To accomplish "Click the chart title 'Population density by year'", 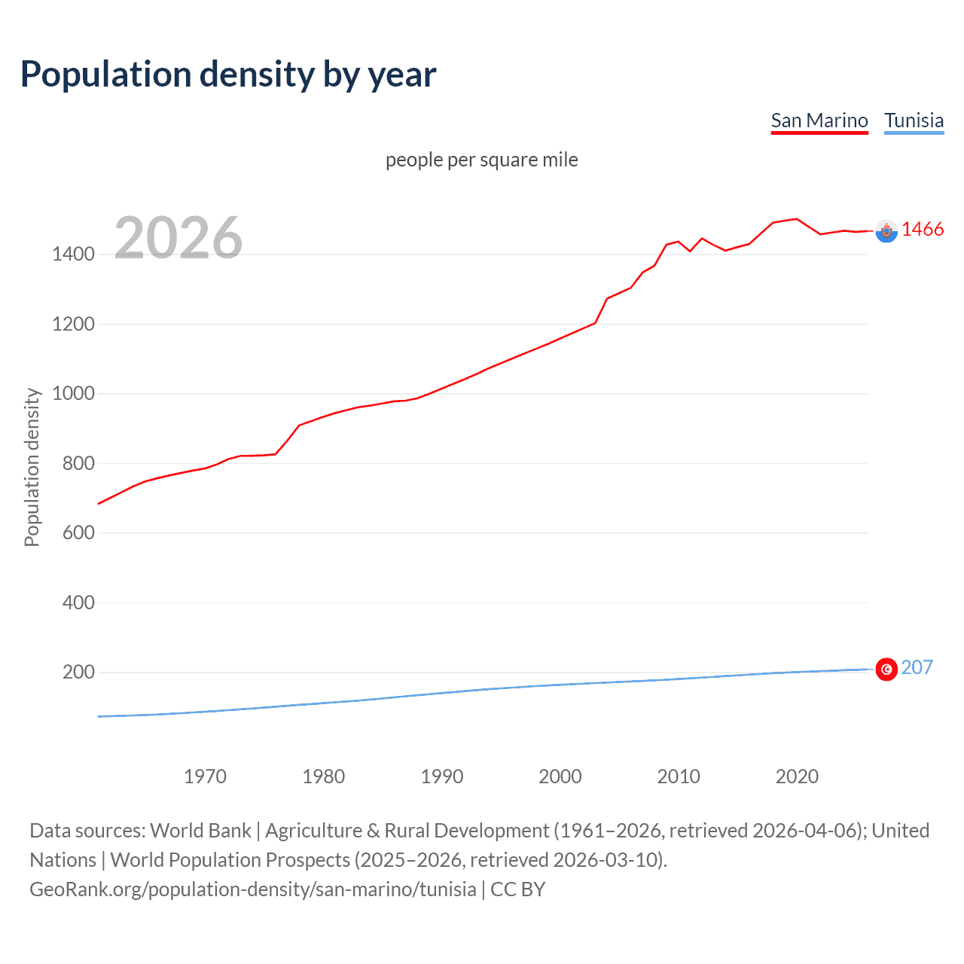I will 228,74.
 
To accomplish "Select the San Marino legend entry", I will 819,120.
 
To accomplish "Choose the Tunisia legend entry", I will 914,120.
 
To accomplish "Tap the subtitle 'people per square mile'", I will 481,160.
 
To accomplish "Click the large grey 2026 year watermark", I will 178,238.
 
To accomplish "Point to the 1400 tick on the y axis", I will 73,254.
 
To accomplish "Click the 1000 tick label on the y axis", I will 73,393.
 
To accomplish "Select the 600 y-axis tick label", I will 78,532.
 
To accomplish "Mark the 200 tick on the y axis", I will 78,672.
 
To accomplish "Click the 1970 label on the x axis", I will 205,776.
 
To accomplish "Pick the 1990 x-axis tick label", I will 442,776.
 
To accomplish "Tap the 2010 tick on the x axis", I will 679,776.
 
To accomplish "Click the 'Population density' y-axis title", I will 32,467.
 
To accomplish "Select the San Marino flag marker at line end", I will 886,231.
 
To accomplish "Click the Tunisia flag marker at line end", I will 886,669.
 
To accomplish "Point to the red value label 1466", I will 923,230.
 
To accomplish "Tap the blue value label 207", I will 917,667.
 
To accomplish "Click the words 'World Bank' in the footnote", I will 200,830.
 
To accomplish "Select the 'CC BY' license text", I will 517,889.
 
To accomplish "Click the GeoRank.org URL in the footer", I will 252,889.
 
